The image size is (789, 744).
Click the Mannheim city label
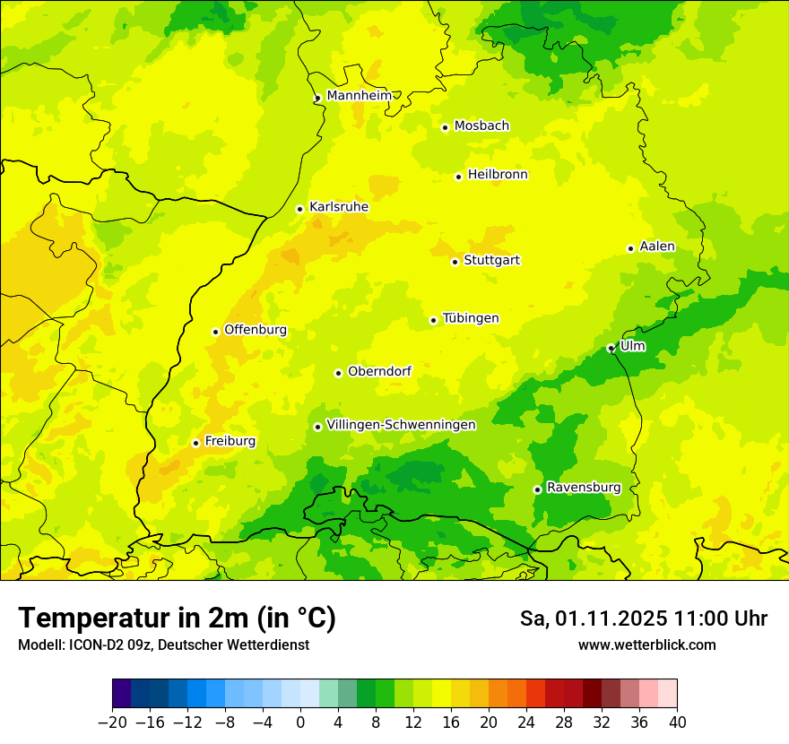(x=359, y=96)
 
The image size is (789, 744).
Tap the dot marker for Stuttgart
(x=455, y=262)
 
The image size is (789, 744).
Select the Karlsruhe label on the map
(x=338, y=207)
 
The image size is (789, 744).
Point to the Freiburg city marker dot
(x=195, y=443)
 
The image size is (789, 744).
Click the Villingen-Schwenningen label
(x=401, y=425)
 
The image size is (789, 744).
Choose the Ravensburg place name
(x=583, y=488)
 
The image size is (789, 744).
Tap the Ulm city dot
(x=611, y=348)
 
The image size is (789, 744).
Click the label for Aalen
(x=657, y=247)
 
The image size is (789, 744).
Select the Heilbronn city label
(x=498, y=175)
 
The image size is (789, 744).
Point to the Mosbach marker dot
(x=445, y=127)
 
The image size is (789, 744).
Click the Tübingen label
(x=471, y=318)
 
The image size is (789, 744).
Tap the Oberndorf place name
(x=379, y=371)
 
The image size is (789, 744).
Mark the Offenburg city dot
(x=215, y=332)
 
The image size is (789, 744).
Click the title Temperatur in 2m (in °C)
(x=177, y=619)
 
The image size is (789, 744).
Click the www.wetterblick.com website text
(x=646, y=645)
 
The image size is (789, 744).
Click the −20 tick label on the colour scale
(x=112, y=722)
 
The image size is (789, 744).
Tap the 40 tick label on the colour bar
(x=677, y=722)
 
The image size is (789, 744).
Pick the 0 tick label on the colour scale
(x=300, y=722)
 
